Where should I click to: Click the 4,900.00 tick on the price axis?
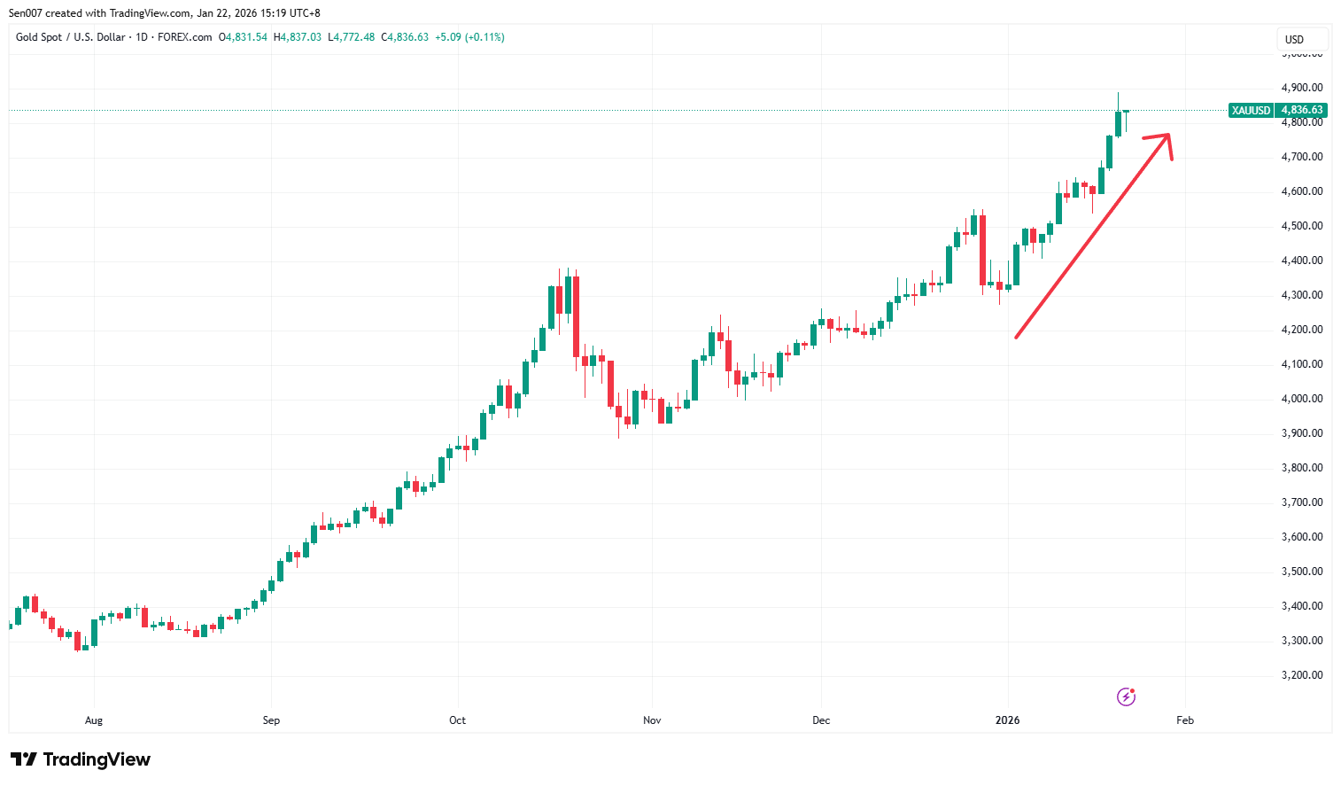1301,88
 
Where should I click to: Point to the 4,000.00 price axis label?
1301,399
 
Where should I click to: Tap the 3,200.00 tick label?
1301,675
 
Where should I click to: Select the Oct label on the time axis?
457,720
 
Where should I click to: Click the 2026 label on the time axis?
1007,720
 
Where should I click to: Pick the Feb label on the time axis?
1185,720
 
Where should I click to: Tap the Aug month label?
94,720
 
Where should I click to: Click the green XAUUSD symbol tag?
1251,111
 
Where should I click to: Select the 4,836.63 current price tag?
1301,111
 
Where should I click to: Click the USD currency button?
1295,40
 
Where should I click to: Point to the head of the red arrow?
1168,136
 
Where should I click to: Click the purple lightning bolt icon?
1126,697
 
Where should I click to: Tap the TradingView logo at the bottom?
81,759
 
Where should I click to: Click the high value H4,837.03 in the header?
298,37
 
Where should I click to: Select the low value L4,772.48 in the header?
352,37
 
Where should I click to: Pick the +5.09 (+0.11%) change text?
469,37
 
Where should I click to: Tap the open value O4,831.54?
244,37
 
